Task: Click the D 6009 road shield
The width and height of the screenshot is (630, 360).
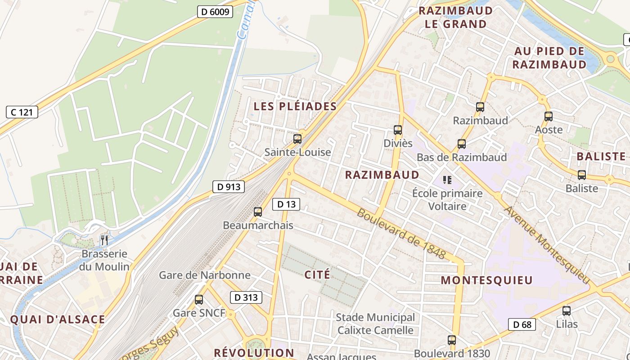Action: (x=215, y=12)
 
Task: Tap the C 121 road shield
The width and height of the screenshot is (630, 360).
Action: (x=22, y=112)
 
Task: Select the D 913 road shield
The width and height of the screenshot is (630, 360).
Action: (x=228, y=187)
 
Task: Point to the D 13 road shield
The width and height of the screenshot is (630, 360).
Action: (x=286, y=204)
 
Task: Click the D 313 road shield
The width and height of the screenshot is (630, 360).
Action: (x=246, y=297)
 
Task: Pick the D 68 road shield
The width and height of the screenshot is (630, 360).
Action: (x=522, y=324)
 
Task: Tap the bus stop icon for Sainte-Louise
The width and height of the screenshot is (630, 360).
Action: (x=297, y=139)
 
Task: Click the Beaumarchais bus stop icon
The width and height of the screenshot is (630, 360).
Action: (x=258, y=211)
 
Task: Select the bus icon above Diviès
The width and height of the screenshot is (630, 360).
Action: (x=398, y=130)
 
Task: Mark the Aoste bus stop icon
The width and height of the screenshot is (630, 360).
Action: (x=549, y=117)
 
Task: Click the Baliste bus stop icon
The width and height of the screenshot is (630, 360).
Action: (x=582, y=175)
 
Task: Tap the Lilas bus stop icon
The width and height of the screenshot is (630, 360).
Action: (x=567, y=310)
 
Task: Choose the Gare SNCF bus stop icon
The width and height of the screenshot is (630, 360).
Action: (x=199, y=300)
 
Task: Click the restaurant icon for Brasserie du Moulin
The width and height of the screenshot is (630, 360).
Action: (x=104, y=240)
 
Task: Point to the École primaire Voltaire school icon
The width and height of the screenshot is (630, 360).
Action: (x=447, y=180)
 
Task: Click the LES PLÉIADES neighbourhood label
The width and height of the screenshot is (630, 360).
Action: (x=295, y=107)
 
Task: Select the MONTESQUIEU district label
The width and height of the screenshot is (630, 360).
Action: (x=486, y=280)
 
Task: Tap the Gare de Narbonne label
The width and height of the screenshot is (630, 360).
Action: (x=205, y=275)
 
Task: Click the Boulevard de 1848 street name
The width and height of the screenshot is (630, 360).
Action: (x=401, y=234)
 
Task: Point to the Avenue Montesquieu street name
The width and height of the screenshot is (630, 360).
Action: (x=546, y=245)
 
